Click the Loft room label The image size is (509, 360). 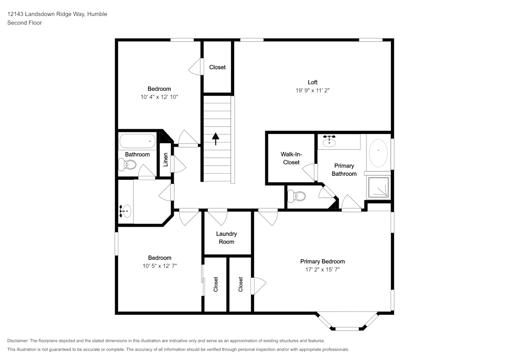[313, 82]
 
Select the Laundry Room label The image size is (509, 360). [227, 238]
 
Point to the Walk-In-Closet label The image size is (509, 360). [291, 158]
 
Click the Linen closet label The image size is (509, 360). [165, 160]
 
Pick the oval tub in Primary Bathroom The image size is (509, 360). [378, 154]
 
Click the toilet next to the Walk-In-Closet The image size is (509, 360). [296, 196]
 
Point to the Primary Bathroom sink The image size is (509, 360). [330, 141]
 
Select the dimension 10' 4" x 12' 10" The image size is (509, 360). [159, 96]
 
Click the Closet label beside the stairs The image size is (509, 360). [217, 67]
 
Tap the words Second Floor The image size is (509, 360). [24, 23]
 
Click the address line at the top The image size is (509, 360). [57, 14]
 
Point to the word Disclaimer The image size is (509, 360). [17, 341]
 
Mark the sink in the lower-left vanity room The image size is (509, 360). [124, 210]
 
